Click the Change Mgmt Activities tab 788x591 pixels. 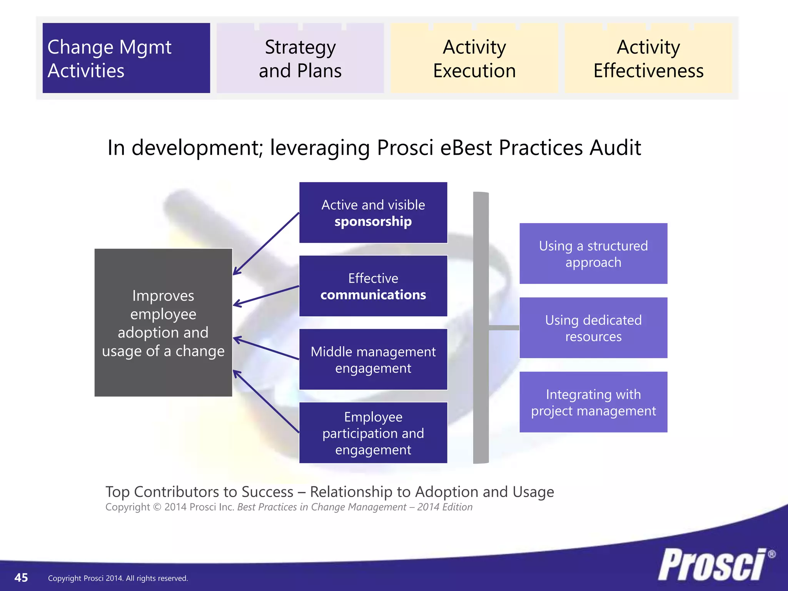click(126, 58)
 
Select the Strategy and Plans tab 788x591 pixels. click(300, 58)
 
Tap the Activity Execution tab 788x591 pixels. click(474, 58)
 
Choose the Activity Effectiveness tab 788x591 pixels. click(648, 58)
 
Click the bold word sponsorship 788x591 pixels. click(373, 222)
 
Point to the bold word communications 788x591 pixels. click(373, 295)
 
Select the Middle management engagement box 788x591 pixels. click(373, 359)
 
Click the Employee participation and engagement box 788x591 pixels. click(373, 433)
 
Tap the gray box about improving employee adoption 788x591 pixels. click(163, 322)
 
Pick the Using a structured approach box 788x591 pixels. click(593, 254)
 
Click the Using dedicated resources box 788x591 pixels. click(593, 328)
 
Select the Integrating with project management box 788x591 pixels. click(593, 402)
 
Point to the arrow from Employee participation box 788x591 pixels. click(266, 401)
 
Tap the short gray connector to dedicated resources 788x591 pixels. click(504, 328)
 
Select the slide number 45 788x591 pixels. click(21, 578)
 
